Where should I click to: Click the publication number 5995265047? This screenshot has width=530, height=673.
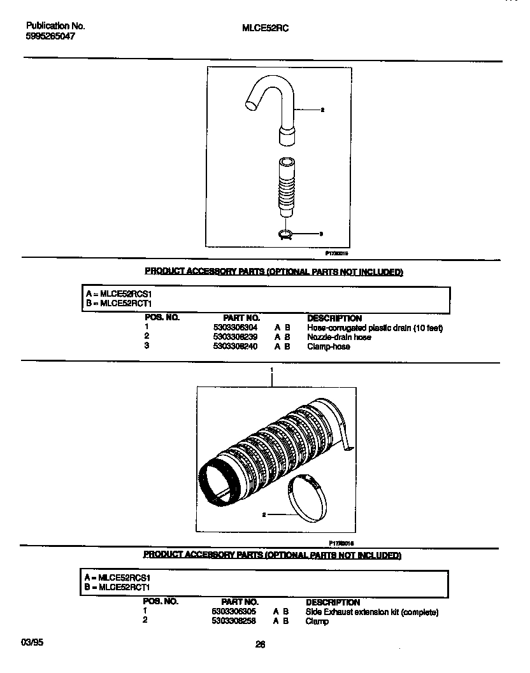pos(50,37)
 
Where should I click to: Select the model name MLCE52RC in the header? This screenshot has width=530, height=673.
pos(266,28)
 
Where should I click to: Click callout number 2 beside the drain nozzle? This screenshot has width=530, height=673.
pos(322,110)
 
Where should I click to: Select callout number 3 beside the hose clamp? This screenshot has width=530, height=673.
pos(320,234)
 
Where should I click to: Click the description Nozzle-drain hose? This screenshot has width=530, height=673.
pos(339,337)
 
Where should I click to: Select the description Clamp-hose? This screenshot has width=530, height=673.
pos(328,346)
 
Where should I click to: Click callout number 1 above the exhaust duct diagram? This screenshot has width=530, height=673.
pos(272,369)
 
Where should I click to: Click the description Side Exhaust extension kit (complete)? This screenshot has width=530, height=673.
pos(372,612)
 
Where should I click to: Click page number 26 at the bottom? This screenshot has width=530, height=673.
pos(260,644)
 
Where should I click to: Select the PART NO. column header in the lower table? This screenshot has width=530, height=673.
pos(240,602)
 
